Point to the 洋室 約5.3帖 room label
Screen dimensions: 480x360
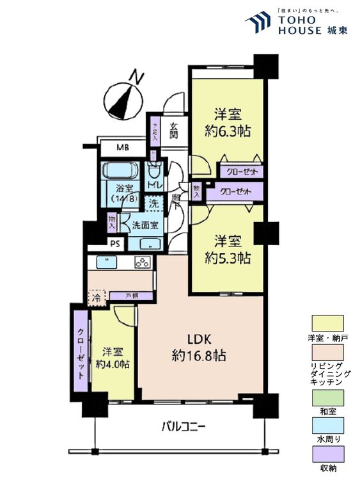[227, 250]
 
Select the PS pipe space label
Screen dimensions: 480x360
[115, 243]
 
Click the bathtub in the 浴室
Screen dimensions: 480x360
[120, 172]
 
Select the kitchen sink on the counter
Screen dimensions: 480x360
[107, 262]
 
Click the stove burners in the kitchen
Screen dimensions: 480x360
[141, 262]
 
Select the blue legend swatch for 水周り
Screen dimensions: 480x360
[327, 426]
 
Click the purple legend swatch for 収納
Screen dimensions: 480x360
[327, 454]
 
